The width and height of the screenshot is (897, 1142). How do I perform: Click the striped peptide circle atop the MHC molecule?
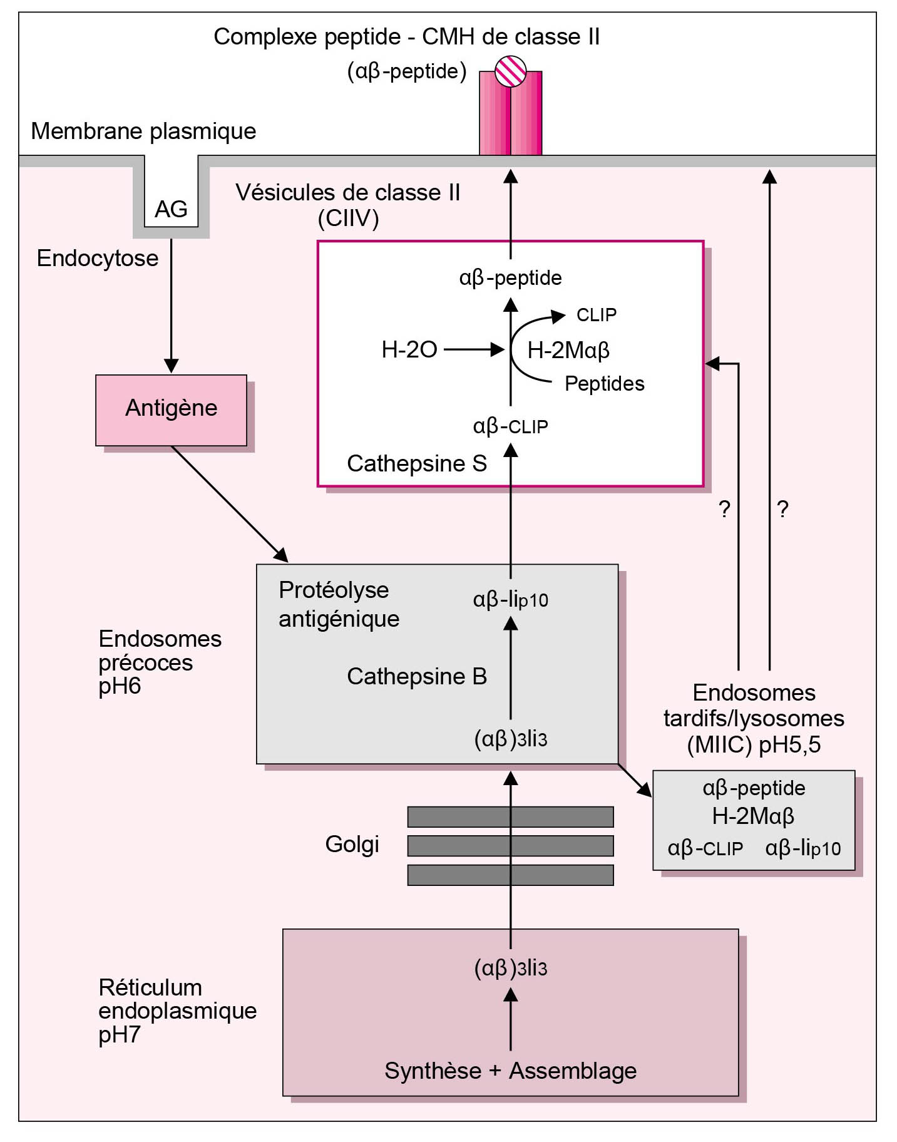pyautogui.click(x=510, y=71)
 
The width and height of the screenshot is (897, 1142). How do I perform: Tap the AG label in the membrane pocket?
pyautogui.click(x=171, y=209)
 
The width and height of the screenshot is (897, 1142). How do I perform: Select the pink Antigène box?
pyautogui.click(x=171, y=409)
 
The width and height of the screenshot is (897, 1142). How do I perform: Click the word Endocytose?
pyautogui.click(x=98, y=259)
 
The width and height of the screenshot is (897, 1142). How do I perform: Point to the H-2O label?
pyautogui.click(x=409, y=349)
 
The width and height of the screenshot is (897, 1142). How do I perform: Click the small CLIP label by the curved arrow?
pyautogui.click(x=596, y=315)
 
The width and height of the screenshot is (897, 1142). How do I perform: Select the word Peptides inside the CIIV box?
pyautogui.click(x=604, y=384)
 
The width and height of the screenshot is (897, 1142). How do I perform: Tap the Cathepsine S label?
pyautogui.click(x=417, y=464)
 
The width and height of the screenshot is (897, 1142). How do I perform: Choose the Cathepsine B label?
pyautogui.click(x=417, y=677)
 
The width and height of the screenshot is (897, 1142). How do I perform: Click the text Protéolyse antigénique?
pyautogui.click(x=339, y=604)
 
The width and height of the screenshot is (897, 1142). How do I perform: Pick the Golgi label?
pyautogui.click(x=352, y=845)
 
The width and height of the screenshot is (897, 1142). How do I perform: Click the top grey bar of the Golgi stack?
pyautogui.click(x=510, y=816)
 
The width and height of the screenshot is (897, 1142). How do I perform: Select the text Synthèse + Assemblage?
pyautogui.click(x=510, y=1071)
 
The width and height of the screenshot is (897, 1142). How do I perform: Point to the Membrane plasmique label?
pyautogui.click(x=143, y=131)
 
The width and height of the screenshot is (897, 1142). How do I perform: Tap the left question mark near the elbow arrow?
pyautogui.click(x=724, y=509)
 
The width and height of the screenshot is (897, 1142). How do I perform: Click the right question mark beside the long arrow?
pyautogui.click(x=782, y=509)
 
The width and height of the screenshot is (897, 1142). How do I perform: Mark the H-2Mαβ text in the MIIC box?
pyautogui.click(x=753, y=816)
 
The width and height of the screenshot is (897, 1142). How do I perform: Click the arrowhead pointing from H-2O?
pyautogui.click(x=498, y=349)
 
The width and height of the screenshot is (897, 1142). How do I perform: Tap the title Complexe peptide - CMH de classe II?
pyautogui.click(x=406, y=37)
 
